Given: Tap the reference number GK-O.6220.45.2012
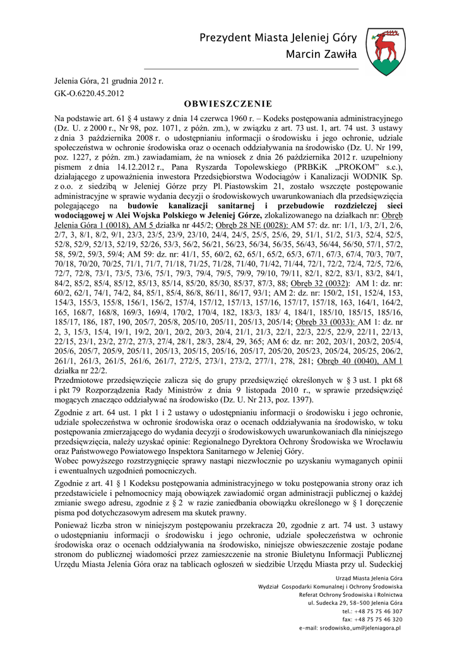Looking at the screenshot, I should pyautogui.click(x=88, y=93).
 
